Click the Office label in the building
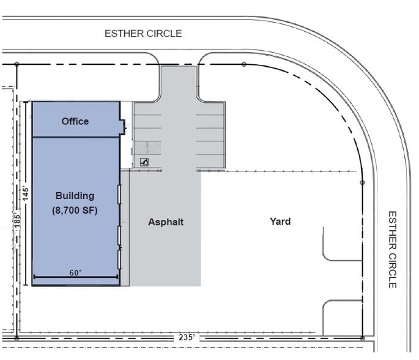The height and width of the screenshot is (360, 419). [75, 121]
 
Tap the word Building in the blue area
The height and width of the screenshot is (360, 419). [75, 196]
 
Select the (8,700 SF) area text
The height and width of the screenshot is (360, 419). [75, 211]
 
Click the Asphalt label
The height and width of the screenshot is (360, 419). [166, 222]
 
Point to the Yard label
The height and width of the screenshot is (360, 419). [280, 222]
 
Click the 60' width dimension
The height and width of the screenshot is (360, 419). [75, 273]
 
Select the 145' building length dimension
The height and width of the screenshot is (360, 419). [26, 193]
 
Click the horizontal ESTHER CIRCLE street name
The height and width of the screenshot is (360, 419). [143, 34]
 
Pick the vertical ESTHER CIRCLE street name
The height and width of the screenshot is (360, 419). [392, 250]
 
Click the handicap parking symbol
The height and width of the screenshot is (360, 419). [144, 162]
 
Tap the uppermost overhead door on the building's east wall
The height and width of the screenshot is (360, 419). [119, 194]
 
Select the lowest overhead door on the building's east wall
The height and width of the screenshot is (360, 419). [119, 260]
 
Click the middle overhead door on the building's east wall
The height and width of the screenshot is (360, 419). [119, 235]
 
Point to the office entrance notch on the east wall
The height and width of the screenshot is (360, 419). [124, 127]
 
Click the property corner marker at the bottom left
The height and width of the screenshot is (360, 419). [17, 339]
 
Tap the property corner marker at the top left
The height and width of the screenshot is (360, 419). [17, 64]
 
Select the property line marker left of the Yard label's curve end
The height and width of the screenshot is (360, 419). [362, 182]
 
